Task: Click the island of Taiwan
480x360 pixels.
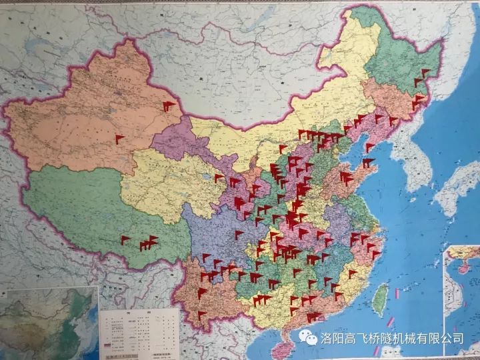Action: point(379,298)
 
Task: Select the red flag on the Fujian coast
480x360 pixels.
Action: point(353,273)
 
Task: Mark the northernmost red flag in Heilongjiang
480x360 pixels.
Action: point(421,72)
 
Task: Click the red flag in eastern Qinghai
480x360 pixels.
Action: point(218,177)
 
